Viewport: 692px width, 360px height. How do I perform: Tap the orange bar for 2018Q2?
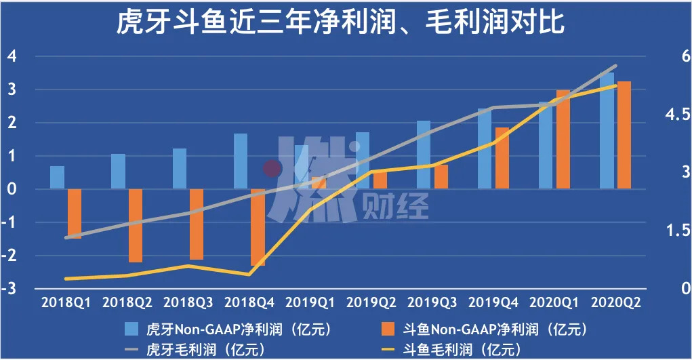[x=136, y=225]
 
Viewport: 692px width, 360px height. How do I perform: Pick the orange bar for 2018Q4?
[x=258, y=227]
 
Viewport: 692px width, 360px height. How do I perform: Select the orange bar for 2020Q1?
[x=563, y=139]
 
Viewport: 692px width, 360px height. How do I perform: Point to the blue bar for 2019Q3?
[x=424, y=155]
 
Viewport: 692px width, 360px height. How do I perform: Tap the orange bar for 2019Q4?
[x=502, y=158]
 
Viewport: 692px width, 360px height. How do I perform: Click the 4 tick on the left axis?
[x=12, y=56]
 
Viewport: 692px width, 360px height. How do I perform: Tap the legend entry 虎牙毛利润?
[x=203, y=350]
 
